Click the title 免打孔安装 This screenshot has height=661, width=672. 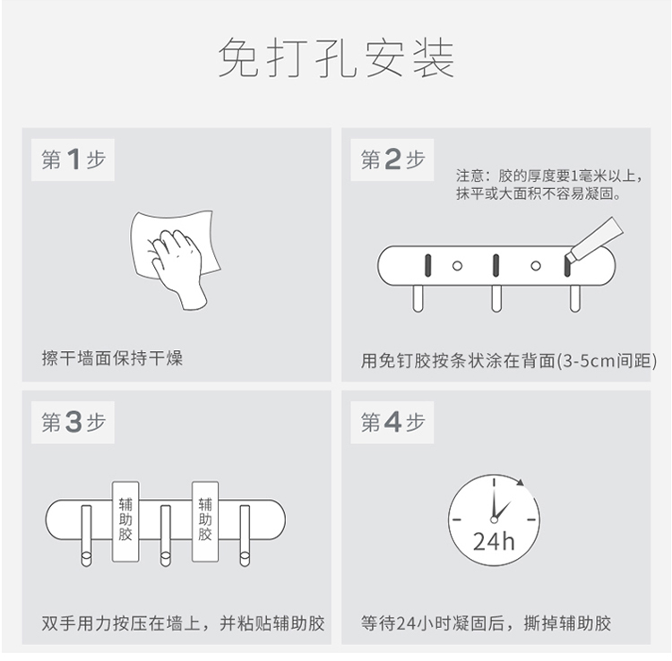[x=336, y=57]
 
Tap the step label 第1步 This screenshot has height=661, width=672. [x=73, y=159]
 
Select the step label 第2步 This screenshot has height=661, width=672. [x=392, y=159]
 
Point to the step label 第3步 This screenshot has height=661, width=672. [x=73, y=422]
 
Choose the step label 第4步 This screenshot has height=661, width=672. [x=392, y=422]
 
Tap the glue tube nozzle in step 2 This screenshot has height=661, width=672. [x=571, y=256]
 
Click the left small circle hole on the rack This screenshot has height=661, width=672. [x=457, y=266]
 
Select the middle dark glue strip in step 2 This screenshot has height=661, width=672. [x=495, y=265]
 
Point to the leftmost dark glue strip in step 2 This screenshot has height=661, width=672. [x=427, y=265]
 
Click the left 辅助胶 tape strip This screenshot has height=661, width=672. [x=125, y=521]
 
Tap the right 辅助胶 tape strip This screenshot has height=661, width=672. [x=205, y=521]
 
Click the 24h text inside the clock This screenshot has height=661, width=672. [x=494, y=541]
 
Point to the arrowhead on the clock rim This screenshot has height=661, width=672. [x=521, y=483]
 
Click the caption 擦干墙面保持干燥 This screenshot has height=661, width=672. [x=112, y=358]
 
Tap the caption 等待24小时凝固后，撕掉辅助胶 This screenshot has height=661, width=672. [x=486, y=623]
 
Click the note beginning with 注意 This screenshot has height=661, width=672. [x=549, y=185]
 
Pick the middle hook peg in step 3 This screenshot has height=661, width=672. [x=166, y=536]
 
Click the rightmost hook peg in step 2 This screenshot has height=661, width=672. [x=574, y=298]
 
